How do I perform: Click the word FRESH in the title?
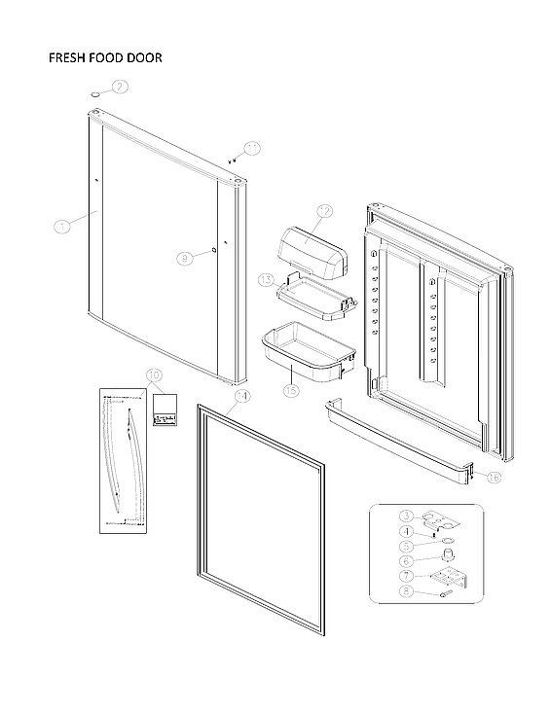tap(66, 58)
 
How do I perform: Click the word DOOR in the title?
tap(142, 58)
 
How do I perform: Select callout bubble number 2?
tap(120, 87)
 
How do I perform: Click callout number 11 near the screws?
tap(252, 148)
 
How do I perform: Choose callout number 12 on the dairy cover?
tap(323, 210)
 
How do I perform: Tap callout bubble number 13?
tap(266, 279)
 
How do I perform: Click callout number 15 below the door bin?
tap(289, 390)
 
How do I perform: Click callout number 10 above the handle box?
tap(154, 375)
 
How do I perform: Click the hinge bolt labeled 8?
tap(444, 590)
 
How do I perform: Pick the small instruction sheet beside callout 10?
tap(166, 410)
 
